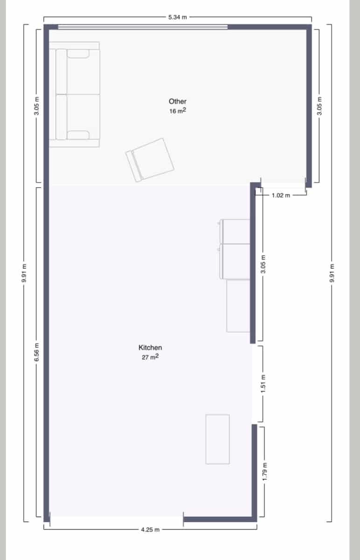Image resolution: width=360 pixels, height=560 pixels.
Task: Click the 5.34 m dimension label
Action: pos(177,17)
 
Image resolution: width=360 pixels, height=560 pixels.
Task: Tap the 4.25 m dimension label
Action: pos(150,530)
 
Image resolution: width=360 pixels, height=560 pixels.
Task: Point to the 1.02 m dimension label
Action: pos(281,195)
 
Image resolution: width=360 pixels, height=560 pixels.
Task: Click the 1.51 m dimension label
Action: pos(263,384)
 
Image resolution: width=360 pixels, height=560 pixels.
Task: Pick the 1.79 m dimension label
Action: pos(264,472)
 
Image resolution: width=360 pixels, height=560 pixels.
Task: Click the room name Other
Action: pos(178,101)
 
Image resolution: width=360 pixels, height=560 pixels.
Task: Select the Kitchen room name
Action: pos(150,348)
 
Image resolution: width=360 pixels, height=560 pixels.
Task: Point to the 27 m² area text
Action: pos(150,357)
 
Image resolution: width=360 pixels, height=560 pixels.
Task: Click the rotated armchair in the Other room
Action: pos(150,160)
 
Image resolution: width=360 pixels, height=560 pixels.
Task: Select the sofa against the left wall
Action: pos(75,94)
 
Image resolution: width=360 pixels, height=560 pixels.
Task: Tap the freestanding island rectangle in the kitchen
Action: pos(217,439)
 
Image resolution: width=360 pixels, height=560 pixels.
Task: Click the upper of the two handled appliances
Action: pos(235,231)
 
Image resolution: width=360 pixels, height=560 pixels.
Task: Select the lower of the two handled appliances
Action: pos(235,261)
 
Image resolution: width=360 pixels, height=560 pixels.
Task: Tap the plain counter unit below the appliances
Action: pos(238,306)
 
